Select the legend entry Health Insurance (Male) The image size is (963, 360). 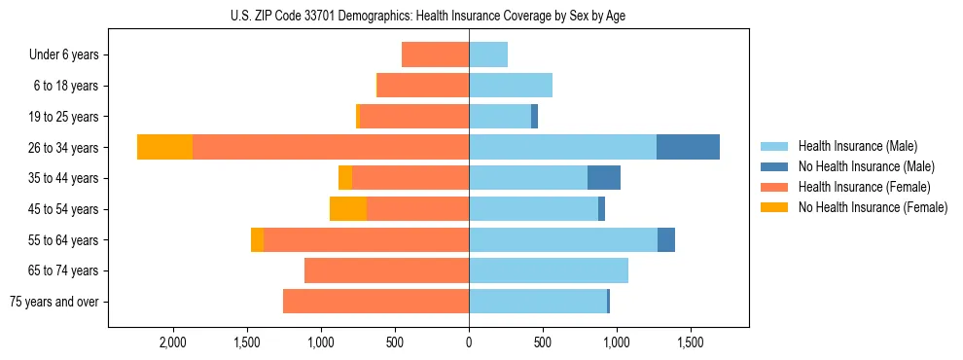tap(857, 146)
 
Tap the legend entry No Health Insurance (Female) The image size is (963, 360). tap(872, 207)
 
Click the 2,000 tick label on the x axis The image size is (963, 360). tap(173, 343)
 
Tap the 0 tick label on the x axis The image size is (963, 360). tap(469, 343)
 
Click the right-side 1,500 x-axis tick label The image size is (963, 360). tap(690, 343)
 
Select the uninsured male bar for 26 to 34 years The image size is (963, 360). tap(688, 147)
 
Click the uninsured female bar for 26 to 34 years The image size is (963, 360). tap(164, 147)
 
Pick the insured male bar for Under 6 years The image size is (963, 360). tap(488, 54)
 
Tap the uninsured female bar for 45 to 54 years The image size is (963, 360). tap(348, 209)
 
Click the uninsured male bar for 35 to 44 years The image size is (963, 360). tap(604, 178)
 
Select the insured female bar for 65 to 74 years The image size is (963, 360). tap(386, 270)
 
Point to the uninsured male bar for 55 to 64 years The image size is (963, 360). tap(666, 240)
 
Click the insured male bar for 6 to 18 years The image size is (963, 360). tap(511, 86)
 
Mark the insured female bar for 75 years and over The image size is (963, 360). tap(375, 302)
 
